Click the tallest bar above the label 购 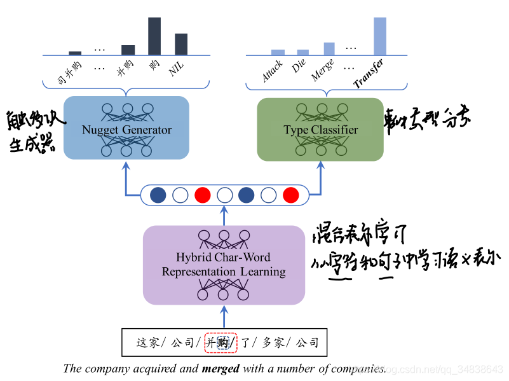pos(154,36)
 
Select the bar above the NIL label pos(181,44)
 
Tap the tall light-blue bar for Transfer pos(380,36)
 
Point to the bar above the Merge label pos(329,48)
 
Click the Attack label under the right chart pos(273,71)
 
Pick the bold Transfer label pos(369,73)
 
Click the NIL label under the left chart pos(177,69)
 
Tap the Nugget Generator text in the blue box pos(126,130)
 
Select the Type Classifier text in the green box pos(320,130)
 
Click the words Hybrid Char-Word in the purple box pos(223,258)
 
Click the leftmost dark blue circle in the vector pos(158,195)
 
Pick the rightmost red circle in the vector pos(290,195)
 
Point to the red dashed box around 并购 pos(221,343)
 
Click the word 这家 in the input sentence pos(147,343)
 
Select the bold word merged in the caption pos(221,368)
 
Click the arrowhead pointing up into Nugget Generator pos(126,165)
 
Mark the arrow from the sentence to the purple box pos(223,315)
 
